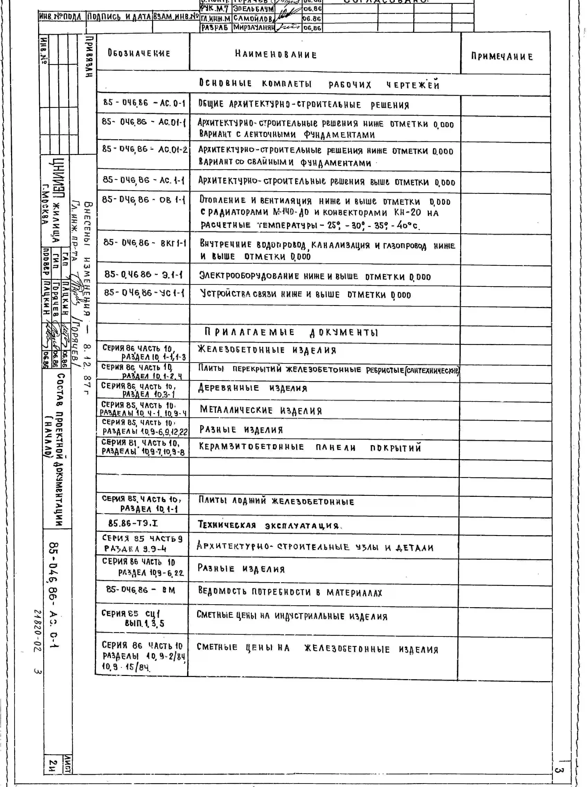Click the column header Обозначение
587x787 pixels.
(x=139, y=53)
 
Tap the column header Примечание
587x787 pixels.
(x=502, y=56)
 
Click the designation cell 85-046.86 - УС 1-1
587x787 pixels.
(x=144, y=293)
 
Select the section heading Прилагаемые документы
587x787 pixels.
(x=291, y=332)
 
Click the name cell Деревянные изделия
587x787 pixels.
(x=253, y=388)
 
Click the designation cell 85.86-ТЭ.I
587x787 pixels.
(x=133, y=523)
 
